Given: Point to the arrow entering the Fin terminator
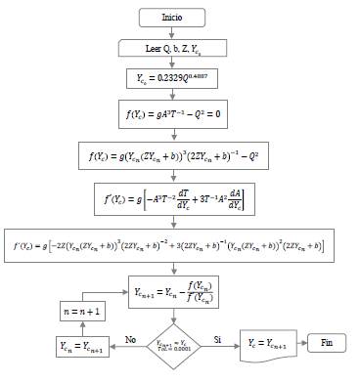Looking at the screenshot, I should tap(298, 343).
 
